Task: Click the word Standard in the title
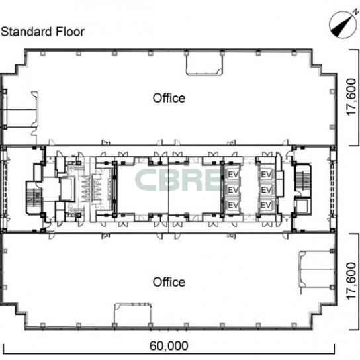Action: point(26,32)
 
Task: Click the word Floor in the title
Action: point(70,32)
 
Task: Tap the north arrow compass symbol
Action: point(343,24)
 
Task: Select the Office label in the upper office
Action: point(169,98)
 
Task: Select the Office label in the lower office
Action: point(169,282)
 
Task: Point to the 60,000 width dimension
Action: point(169,345)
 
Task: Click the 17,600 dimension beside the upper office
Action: point(351,97)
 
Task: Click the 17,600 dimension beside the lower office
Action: point(351,281)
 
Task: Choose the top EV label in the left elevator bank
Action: point(233,175)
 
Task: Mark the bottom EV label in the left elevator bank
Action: point(233,205)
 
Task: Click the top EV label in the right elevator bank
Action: point(267,175)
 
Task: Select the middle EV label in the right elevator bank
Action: point(267,190)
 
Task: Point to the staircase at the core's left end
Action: point(34,198)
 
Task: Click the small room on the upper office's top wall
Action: point(204,64)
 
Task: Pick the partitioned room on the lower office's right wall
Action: point(316,269)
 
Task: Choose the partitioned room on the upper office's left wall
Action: point(20,109)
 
